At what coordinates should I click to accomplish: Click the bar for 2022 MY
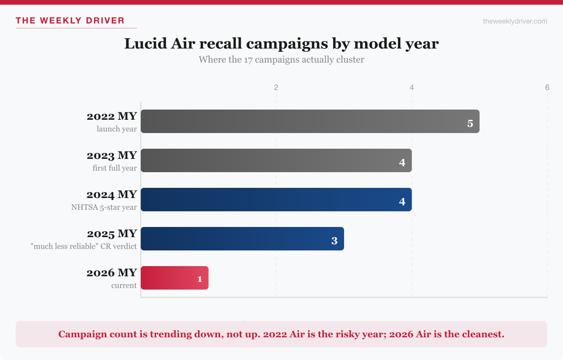pos(310,121)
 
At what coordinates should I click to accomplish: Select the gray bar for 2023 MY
pos(276,160)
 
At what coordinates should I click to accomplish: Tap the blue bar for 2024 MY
pos(276,200)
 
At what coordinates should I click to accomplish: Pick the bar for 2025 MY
pos(242,239)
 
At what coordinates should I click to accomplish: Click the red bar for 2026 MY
pos(174,278)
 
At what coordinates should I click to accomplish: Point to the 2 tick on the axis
pos(276,87)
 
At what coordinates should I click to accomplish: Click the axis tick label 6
pos(547,87)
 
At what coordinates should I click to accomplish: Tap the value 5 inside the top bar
pos(470,124)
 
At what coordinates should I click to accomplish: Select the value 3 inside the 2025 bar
pos(334,241)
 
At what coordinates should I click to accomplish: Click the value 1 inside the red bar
pos(200,279)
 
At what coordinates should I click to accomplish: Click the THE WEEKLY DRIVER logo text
pos(70,21)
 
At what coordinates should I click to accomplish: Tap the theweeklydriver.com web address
pos(515,21)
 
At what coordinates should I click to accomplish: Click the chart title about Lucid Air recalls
pos(281,43)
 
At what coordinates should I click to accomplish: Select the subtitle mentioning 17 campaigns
pos(281,59)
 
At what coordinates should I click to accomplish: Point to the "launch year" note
pos(117,129)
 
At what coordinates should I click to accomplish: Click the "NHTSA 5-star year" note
pos(104,207)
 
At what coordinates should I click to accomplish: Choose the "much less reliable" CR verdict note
pos(84,247)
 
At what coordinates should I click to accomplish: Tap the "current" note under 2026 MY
pos(124,286)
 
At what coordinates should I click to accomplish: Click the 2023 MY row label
pos(112,155)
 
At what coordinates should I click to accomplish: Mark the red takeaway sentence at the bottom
pos(281,334)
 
